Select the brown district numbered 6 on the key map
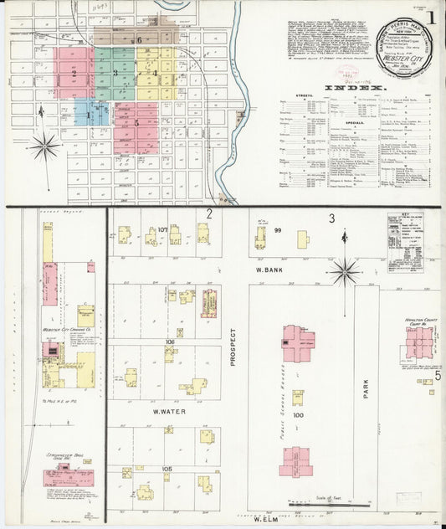[138, 37]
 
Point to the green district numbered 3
[115, 73]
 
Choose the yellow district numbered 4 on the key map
[155, 73]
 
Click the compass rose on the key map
[44, 146]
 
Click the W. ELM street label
[266, 519]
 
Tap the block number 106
[170, 342]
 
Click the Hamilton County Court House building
[419, 342]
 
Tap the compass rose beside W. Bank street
[344, 271]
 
